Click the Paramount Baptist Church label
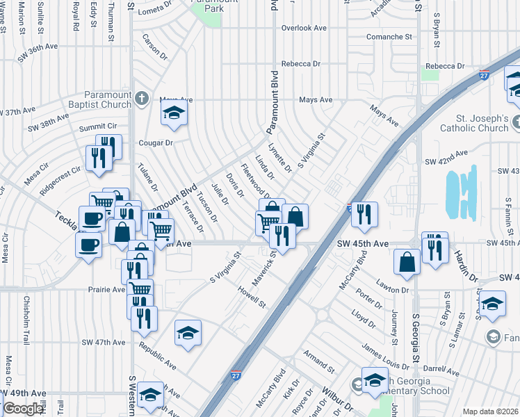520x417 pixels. (107, 99)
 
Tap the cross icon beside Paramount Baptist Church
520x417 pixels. (143, 97)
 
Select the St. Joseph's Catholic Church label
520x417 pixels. (473, 123)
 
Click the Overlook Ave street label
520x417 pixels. (304, 28)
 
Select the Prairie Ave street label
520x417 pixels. (106, 289)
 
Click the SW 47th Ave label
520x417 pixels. (103, 343)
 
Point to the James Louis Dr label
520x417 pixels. (386, 356)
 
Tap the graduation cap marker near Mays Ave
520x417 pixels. (174, 113)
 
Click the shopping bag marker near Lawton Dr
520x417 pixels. (407, 262)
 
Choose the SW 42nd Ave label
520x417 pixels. (446, 161)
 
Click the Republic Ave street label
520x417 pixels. (157, 354)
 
